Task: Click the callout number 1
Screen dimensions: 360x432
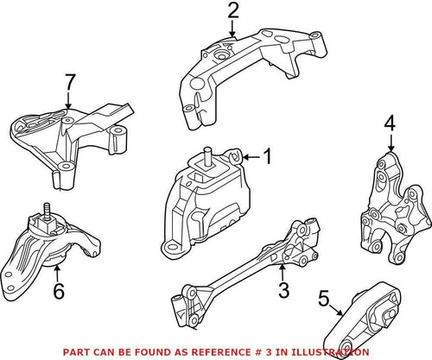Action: [x=267, y=157]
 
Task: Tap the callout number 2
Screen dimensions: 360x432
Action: [x=232, y=11]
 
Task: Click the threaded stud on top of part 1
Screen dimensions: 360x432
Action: [x=208, y=156]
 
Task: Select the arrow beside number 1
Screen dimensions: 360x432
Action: [x=251, y=157]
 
